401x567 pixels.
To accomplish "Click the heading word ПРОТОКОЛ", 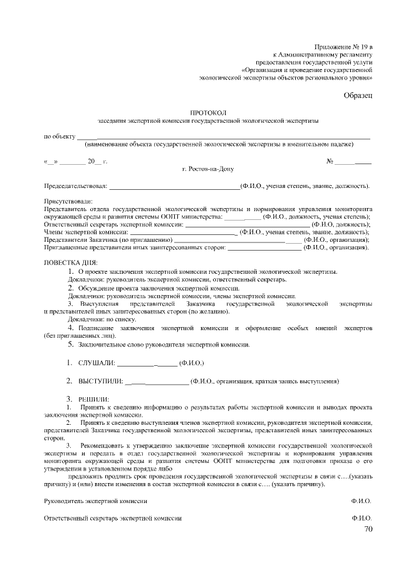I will tap(208, 111).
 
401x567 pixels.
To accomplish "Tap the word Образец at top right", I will tap(358, 95).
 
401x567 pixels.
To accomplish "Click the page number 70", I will tap(368, 529).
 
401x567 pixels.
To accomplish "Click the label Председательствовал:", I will tap(75, 186).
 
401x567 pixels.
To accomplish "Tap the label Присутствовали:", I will tap(65, 202).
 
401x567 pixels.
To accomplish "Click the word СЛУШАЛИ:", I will tap(96, 363).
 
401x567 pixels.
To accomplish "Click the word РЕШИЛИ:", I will tap(93, 399).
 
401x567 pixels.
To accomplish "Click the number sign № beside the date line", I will tap(330, 162).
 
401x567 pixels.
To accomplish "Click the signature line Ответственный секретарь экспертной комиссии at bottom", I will tap(113, 518).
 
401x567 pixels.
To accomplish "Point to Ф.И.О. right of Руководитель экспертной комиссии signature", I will tap(362, 502).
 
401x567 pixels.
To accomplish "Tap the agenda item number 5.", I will tap(71, 344).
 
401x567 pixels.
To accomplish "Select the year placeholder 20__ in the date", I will tap(94, 162).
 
